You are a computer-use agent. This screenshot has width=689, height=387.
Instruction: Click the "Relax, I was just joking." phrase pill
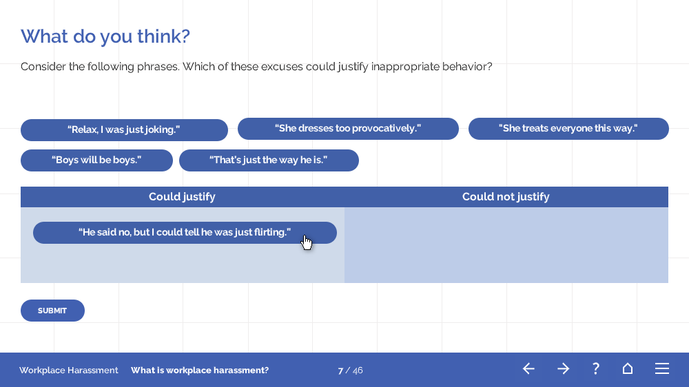(x=124, y=130)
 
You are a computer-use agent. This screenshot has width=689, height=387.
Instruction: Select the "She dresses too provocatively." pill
(x=348, y=129)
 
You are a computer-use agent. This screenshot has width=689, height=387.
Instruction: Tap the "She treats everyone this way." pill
(x=568, y=129)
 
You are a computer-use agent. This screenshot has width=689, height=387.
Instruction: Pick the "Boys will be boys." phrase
(x=96, y=160)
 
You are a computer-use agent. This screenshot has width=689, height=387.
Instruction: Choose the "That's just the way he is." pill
(x=269, y=160)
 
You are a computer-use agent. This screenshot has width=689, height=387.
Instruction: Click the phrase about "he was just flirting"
(x=185, y=233)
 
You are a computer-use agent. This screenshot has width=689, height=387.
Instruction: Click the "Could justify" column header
(x=182, y=197)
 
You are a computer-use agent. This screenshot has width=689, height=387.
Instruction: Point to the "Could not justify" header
(x=506, y=197)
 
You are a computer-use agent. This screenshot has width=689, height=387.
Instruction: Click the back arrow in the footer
(x=528, y=368)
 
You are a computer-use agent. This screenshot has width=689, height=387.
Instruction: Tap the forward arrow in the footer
(x=564, y=368)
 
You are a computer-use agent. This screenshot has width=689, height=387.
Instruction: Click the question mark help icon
(x=596, y=368)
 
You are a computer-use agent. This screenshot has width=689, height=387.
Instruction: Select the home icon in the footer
(x=628, y=368)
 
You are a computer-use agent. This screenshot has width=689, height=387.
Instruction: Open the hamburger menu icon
(x=662, y=368)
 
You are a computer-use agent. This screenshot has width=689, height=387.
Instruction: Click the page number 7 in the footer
(x=340, y=370)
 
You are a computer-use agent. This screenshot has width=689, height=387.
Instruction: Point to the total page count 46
(x=358, y=370)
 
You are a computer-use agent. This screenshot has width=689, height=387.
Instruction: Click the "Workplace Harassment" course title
(x=68, y=370)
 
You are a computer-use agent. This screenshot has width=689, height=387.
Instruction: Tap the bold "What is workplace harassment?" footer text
(x=200, y=370)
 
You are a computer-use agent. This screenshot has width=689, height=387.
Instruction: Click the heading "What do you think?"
(x=105, y=36)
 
